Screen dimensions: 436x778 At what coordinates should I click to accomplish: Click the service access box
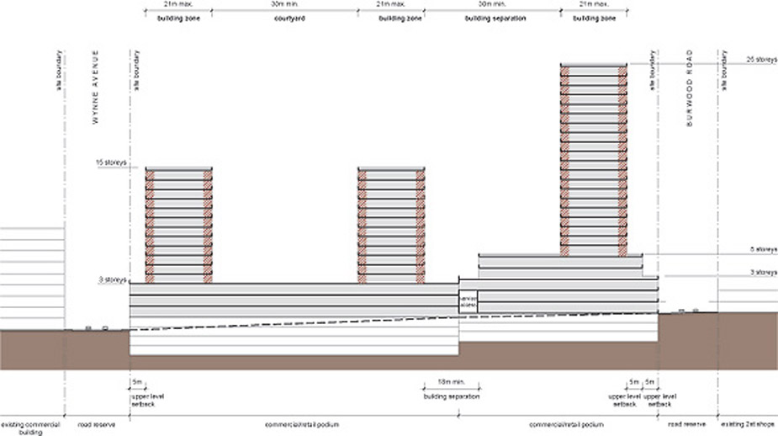[x=468, y=302]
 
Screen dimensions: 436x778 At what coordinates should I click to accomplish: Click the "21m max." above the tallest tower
[x=594, y=4]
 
